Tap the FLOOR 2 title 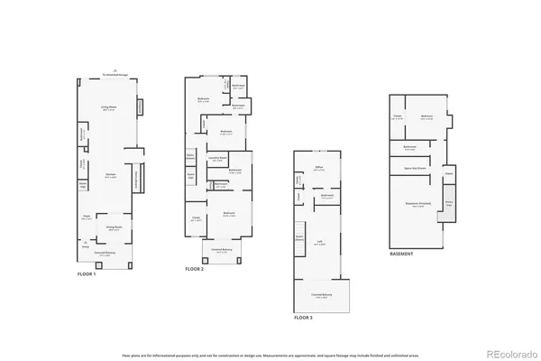click(195, 269)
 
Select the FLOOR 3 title click(304, 318)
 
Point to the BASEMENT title click(402, 255)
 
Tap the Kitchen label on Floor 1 click(110, 175)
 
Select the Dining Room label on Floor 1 click(115, 228)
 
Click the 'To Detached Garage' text click(115, 75)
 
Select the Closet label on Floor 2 click(196, 218)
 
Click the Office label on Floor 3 click(318, 166)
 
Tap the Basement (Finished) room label click(416, 205)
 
